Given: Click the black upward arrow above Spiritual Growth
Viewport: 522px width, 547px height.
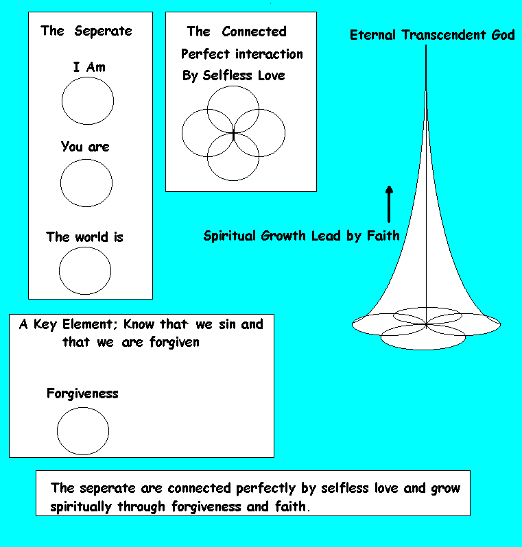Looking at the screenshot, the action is click(389, 204).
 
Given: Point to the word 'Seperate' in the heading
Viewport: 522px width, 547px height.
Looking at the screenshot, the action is click(104, 31).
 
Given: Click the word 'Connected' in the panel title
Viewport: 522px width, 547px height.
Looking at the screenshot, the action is click(254, 32).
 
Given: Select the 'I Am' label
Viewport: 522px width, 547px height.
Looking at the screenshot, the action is click(89, 66).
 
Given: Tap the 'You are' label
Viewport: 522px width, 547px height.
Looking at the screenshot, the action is click(85, 147).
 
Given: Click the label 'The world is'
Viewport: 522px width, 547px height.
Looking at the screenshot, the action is click(85, 237).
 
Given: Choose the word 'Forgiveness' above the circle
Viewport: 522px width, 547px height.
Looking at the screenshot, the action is click(82, 394).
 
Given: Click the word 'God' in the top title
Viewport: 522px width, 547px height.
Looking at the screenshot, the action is click(503, 35).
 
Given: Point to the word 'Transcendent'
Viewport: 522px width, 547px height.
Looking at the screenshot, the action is click(443, 35).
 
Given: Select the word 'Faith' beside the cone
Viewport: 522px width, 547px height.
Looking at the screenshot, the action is click(383, 236).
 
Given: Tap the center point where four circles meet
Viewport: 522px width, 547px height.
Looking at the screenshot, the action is click(233, 134).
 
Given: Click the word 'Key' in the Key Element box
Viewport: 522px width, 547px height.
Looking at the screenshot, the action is click(45, 325).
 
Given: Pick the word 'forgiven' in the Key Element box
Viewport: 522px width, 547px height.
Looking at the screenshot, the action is click(175, 343).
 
